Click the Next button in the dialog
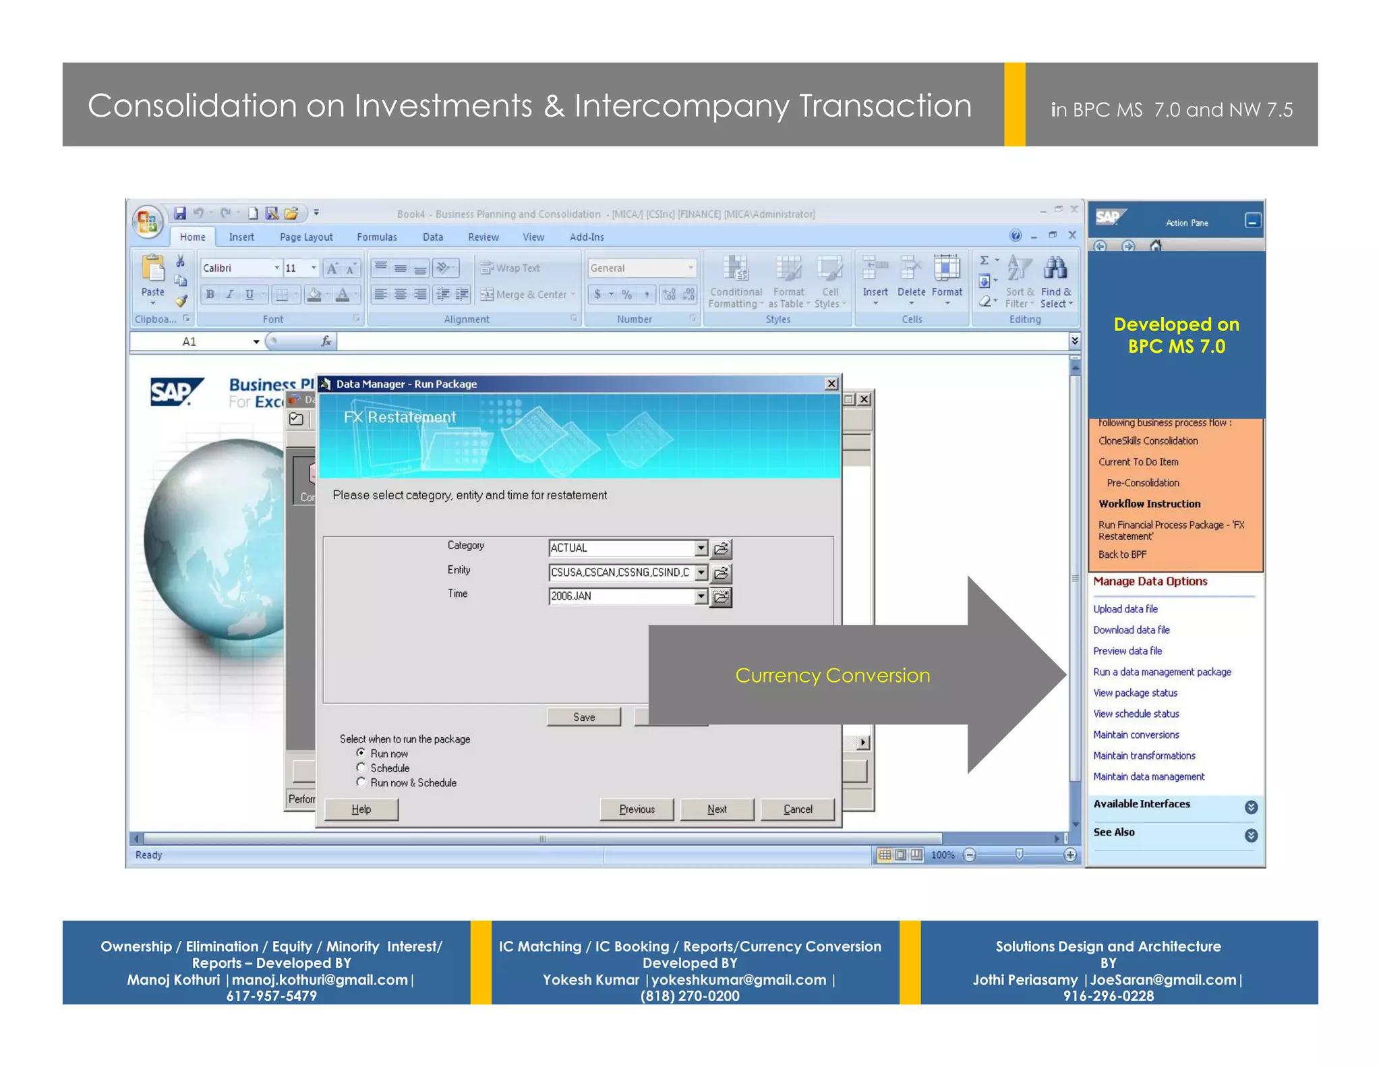(x=717, y=809)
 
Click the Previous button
(x=637, y=809)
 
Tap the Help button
(x=361, y=809)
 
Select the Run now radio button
(x=361, y=753)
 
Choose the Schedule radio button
(x=361, y=768)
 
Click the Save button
(x=584, y=717)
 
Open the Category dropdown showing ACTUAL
(x=701, y=548)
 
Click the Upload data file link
(x=1125, y=609)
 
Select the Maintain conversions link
(x=1136, y=735)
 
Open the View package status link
(x=1136, y=693)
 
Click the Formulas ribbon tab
(x=377, y=237)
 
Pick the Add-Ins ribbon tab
(x=587, y=237)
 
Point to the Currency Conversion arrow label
(x=833, y=676)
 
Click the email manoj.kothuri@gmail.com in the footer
(x=320, y=980)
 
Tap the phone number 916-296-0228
(x=1109, y=996)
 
